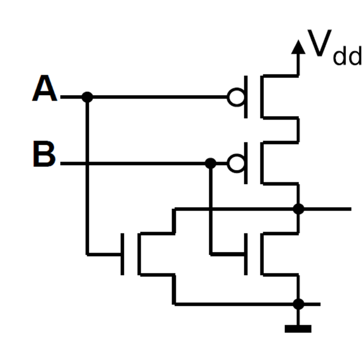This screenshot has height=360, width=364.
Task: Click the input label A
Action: [45, 89]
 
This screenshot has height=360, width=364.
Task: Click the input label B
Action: [44, 155]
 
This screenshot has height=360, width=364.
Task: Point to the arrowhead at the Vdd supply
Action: [297, 46]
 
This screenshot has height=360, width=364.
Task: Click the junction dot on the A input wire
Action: [88, 96]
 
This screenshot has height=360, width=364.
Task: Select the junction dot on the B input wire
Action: [210, 163]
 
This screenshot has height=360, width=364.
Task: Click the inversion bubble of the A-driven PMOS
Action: [235, 97]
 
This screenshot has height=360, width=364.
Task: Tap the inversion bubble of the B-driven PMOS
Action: [235, 163]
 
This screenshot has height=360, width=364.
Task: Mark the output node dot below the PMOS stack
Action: [298, 209]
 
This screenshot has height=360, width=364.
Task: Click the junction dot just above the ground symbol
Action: [298, 304]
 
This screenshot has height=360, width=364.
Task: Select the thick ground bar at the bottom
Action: [298, 329]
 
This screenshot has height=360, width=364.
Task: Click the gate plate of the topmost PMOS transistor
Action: [246, 97]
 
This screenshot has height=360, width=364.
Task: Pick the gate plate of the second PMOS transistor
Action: [246, 163]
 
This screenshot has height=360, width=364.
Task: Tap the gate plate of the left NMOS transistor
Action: [123, 254]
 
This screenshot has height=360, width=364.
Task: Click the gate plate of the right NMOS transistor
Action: [246, 254]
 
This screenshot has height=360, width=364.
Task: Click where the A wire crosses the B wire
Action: [88, 163]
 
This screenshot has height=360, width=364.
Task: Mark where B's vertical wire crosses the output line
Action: [210, 209]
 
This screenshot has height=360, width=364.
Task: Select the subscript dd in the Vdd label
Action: [347, 57]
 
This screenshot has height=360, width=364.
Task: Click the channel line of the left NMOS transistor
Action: [139, 254]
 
